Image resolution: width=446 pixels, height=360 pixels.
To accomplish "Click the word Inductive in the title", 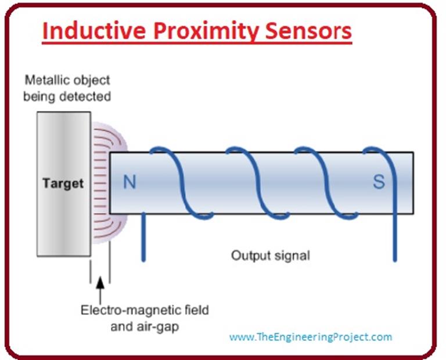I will pyautogui.click(x=88, y=32).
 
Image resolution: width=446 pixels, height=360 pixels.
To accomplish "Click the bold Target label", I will pyautogui.click(x=63, y=184).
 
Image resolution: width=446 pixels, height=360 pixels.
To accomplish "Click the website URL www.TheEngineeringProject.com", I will pyautogui.click(x=310, y=337).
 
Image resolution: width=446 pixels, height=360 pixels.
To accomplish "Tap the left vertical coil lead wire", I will pyautogui.click(x=142, y=238).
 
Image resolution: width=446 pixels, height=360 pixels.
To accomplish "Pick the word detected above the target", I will pyautogui.click(x=88, y=96).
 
